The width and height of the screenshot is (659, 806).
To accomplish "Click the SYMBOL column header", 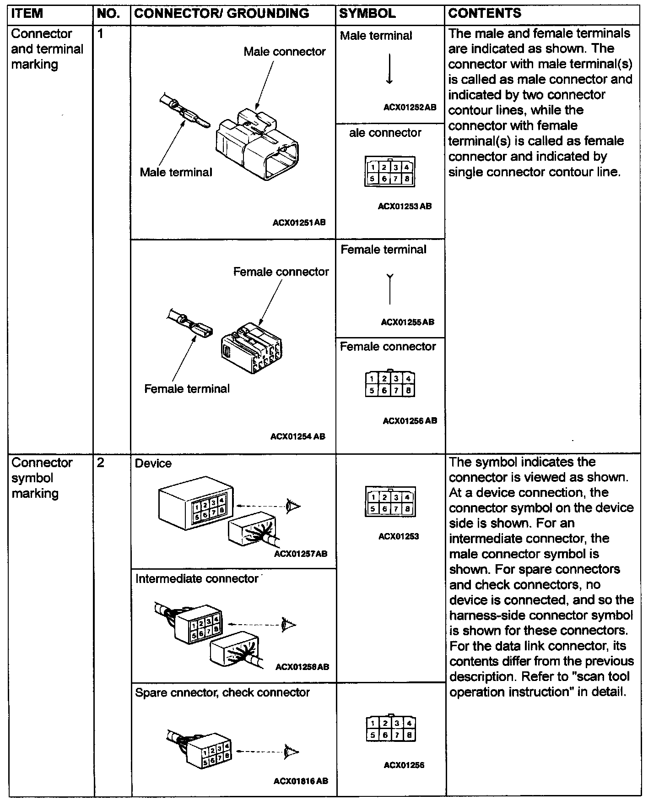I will coord(367,13).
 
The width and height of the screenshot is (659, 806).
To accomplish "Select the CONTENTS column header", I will coord(484,13).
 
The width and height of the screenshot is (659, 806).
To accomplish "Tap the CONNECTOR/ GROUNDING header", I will coord(221,13).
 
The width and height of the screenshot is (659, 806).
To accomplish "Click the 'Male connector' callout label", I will coord(284,52).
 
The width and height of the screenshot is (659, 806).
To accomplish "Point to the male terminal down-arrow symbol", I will coord(389,69).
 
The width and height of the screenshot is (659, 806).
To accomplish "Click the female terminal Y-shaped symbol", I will coord(389,289).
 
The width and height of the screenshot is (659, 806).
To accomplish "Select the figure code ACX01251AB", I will coord(299,223).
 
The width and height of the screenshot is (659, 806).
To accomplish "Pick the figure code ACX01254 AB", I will coord(297,436).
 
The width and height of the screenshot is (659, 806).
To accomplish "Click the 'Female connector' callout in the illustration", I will coord(281,272).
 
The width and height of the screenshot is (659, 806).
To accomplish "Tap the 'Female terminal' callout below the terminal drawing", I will coord(187,389).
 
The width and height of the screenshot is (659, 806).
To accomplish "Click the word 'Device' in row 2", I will coord(153,463).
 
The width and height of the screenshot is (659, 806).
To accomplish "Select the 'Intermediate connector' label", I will coord(197,579).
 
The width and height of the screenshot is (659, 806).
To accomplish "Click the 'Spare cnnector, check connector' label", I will coord(222,692).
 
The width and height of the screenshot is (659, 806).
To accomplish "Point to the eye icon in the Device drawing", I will coord(292,506).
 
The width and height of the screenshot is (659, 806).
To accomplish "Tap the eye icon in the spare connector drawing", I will coord(292,752).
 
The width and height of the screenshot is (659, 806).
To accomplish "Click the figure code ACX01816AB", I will coord(301,781).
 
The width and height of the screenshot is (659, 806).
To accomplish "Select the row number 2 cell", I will coord(101,463).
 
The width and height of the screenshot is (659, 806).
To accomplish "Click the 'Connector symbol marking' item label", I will coord(41,478).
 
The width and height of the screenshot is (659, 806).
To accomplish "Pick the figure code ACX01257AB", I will coord(301,554).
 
